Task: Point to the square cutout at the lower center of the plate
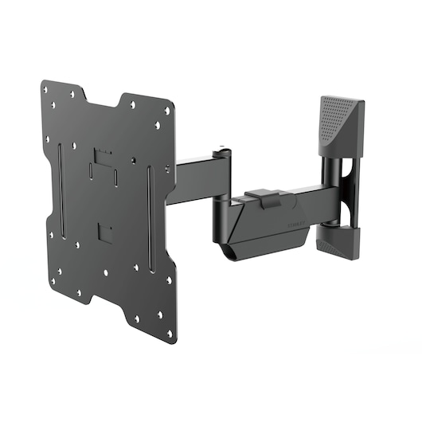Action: (103, 232)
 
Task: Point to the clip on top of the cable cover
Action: (263, 196)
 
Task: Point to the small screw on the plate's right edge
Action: (167, 169)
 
